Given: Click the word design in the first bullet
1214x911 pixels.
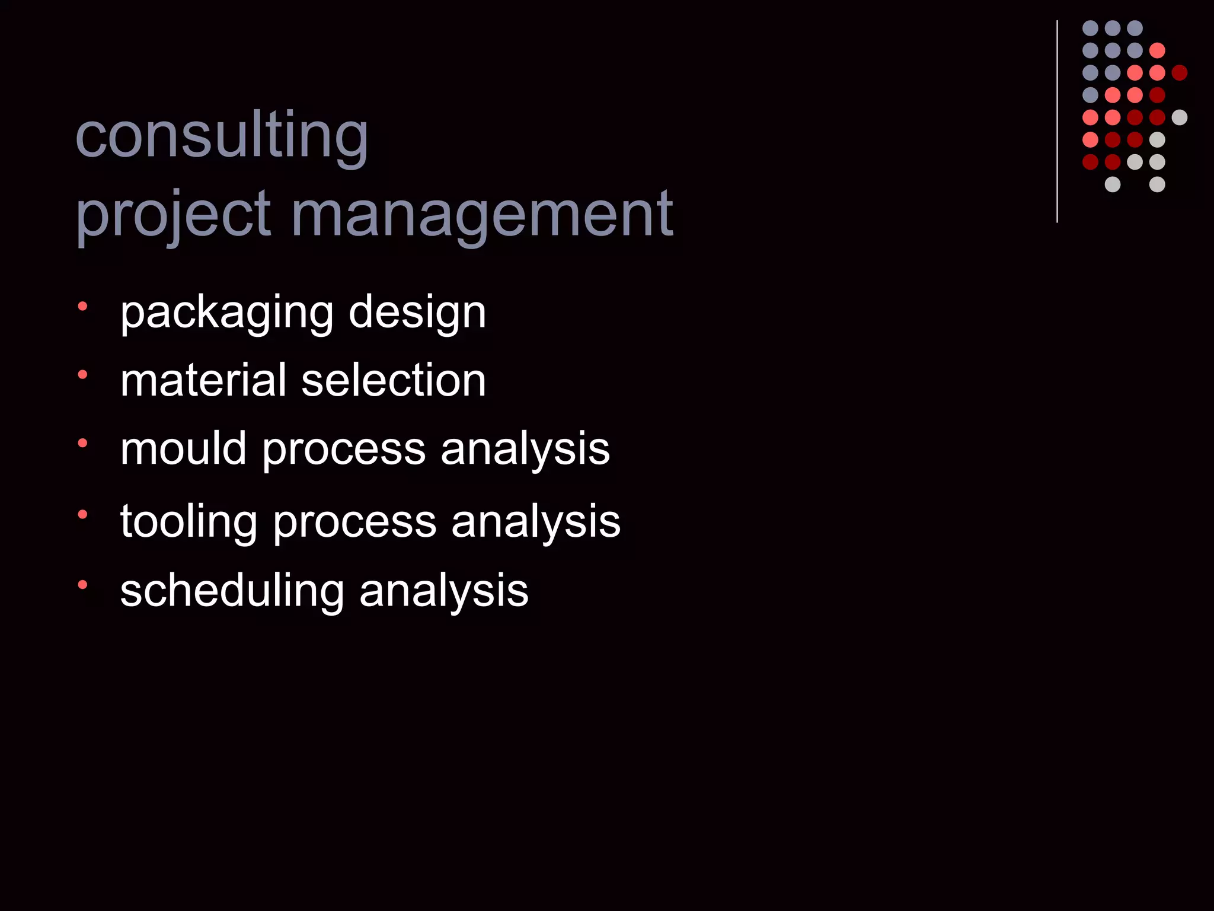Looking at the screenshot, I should pyautogui.click(x=417, y=313).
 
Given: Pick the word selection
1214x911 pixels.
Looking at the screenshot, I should pyautogui.click(x=394, y=380).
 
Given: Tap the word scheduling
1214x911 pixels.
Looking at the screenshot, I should pyautogui.click(x=232, y=591).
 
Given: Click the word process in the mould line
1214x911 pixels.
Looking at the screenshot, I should pyautogui.click(x=344, y=450).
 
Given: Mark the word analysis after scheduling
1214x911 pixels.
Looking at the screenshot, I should pyautogui.click(x=444, y=591).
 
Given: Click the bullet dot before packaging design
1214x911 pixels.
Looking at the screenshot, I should pyautogui.click(x=82, y=307).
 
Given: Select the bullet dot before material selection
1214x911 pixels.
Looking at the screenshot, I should pyautogui.click(x=82, y=374).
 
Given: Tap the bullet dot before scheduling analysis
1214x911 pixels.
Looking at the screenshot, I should pyautogui.click(x=82, y=585).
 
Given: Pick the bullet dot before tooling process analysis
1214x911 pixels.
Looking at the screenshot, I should pyautogui.click(x=82, y=514).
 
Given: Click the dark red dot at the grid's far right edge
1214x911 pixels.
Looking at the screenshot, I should pyautogui.click(x=1180, y=73).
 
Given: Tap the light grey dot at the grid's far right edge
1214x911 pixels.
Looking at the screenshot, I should pyautogui.click(x=1180, y=117).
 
